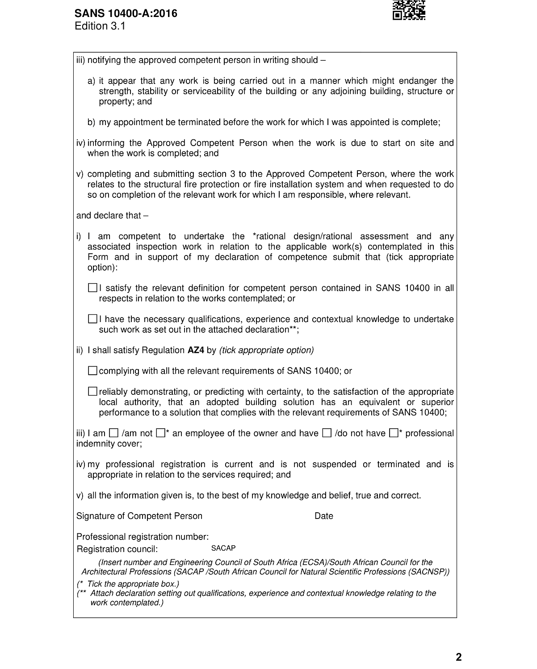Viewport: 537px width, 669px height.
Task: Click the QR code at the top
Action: (408, 10)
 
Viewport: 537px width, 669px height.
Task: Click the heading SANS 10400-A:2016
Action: (126, 13)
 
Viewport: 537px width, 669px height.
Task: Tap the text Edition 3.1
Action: (100, 26)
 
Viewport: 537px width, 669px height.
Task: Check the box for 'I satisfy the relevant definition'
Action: (92, 288)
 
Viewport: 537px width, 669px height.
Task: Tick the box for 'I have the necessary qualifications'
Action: (92, 319)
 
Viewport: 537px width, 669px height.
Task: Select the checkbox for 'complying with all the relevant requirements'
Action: (92, 371)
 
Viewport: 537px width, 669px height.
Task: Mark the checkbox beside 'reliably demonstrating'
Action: (92, 392)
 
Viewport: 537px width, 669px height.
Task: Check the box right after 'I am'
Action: (114, 433)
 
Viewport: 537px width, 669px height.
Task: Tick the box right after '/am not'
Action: (161, 433)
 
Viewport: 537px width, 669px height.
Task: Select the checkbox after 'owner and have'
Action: (327, 433)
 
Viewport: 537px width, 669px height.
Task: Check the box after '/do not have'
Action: (394, 433)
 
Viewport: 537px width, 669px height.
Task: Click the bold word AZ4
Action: (196, 350)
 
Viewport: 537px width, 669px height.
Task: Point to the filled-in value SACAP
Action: (223, 548)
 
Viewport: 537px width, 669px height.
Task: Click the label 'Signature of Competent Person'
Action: (139, 516)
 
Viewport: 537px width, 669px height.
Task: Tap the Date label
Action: (324, 516)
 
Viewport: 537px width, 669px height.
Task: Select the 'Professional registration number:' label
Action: (143, 536)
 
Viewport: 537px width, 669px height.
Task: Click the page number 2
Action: (459, 657)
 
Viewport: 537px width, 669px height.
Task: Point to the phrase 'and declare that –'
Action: (112, 215)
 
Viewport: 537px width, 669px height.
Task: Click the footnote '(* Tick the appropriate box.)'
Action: (128, 584)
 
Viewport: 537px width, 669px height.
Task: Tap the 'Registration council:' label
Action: (117, 549)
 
